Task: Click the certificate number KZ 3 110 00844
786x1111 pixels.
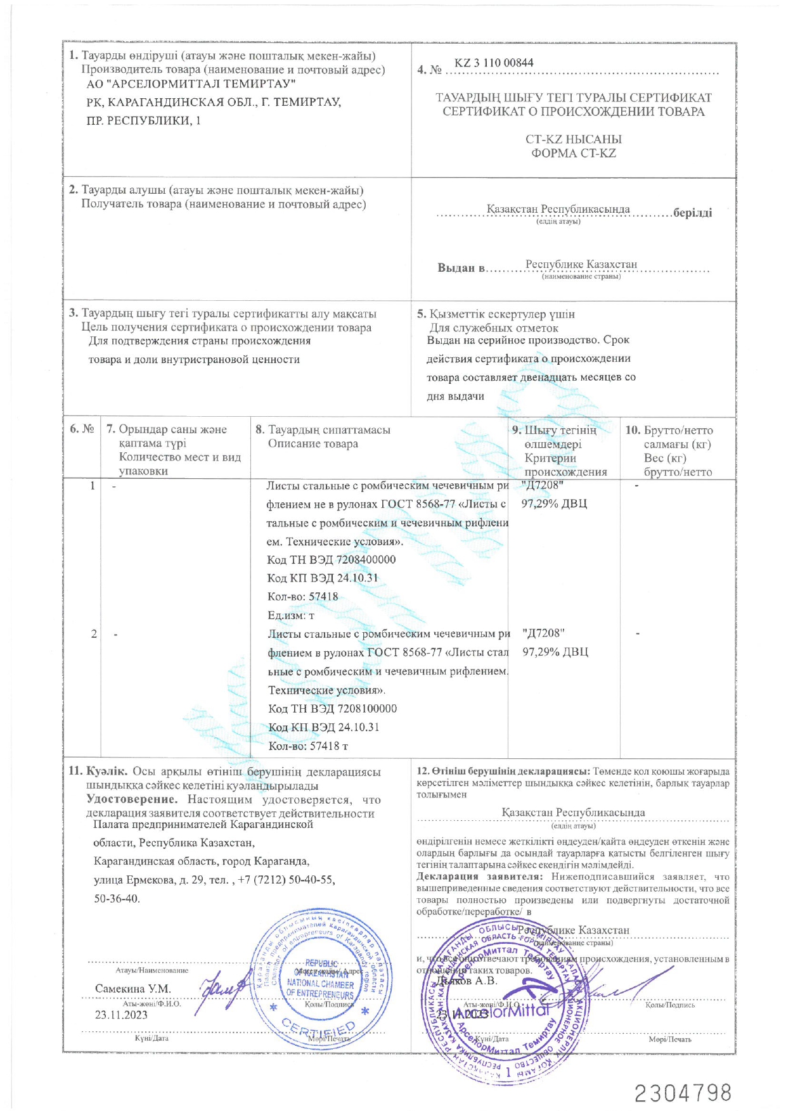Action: (494, 63)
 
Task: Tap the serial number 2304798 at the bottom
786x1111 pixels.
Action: (683, 1093)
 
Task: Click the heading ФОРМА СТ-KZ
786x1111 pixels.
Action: (573, 153)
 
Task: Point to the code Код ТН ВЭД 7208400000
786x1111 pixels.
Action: (331, 559)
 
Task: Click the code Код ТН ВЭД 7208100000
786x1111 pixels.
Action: (332, 708)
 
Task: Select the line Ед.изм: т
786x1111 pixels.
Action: (291, 615)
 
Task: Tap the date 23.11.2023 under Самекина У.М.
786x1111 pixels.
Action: (121, 1015)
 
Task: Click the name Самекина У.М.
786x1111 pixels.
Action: (133, 988)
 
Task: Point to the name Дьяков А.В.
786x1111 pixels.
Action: (467, 981)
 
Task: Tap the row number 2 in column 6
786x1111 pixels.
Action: (94, 633)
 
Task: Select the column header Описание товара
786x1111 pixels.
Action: (312, 443)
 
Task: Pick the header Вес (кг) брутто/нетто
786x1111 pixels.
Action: (678, 465)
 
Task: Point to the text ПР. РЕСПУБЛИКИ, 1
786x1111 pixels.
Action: (143, 120)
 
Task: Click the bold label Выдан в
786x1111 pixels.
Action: (461, 267)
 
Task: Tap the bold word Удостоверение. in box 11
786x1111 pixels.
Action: (132, 799)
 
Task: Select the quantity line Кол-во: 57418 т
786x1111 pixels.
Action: (308, 746)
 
